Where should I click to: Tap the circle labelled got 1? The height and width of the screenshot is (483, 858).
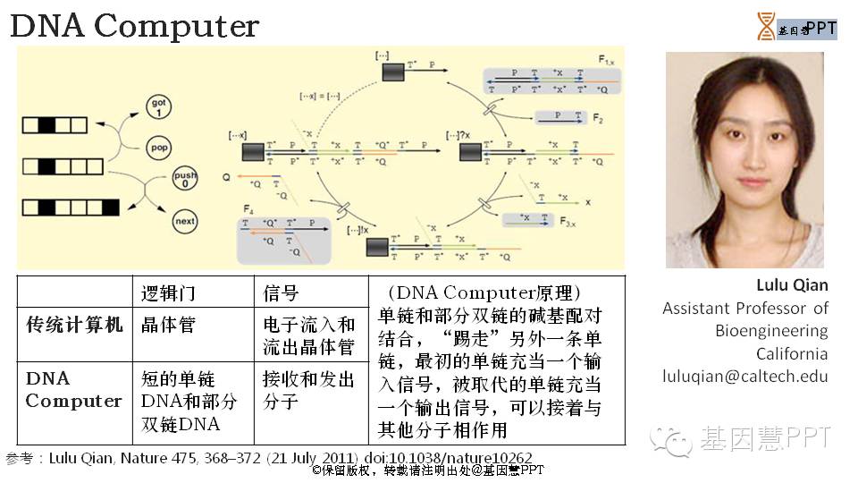tap(158, 106)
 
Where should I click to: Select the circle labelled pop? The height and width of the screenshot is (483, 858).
tap(158, 145)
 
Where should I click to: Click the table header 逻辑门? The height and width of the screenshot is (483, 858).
tap(168, 293)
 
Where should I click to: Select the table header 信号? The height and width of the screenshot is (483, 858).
tap(281, 293)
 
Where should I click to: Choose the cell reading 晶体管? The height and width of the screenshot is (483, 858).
tap(168, 325)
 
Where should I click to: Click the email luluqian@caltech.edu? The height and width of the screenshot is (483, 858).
tap(745, 377)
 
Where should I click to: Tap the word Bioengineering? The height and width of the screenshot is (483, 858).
tap(771, 331)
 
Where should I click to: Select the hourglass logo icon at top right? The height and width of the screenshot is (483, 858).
tap(766, 27)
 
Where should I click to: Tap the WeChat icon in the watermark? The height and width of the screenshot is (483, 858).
tap(670, 439)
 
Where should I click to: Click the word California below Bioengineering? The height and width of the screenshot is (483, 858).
tap(792, 353)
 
